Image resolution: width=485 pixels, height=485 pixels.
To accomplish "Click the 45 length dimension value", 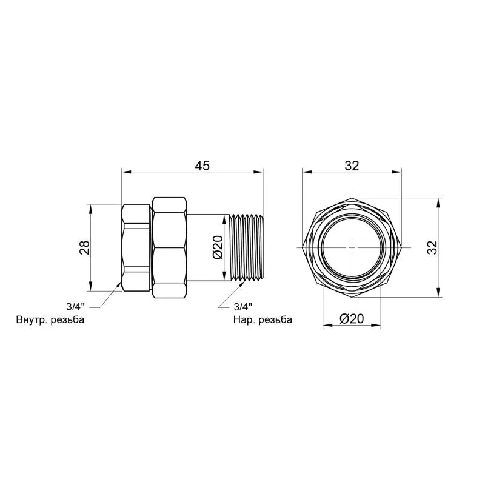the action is click(x=202, y=166).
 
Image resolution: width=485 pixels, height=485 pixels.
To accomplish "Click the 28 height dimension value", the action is click(x=84, y=247).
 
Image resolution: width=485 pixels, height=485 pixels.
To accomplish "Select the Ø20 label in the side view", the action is click(x=218, y=247).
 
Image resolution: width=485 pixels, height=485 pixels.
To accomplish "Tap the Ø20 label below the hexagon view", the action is click(x=352, y=319).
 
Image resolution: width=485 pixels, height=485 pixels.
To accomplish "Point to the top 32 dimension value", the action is click(x=352, y=166).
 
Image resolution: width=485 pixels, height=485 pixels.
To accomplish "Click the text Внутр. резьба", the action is click(x=50, y=319).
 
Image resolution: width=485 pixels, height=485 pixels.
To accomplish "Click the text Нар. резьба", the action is click(x=263, y=319).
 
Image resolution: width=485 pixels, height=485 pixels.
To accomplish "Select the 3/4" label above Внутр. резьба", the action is click(x=75, y=307).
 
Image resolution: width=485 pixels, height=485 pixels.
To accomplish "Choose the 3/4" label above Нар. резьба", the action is click(x=243, y=307).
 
